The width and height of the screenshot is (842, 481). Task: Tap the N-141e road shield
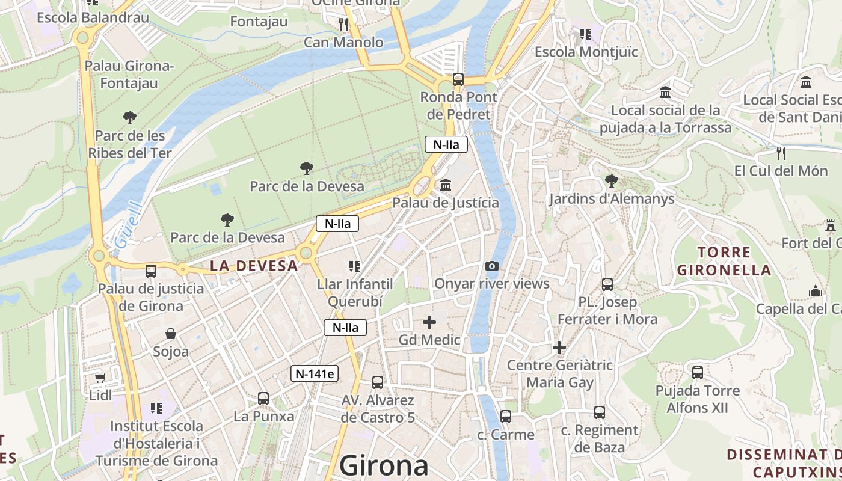click(x=315, y=373)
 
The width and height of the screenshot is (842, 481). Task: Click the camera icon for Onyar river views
click(x=491, y=266)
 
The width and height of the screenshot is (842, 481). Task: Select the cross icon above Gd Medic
click(x=429, y=322)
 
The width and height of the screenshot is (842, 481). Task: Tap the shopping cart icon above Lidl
click(x=100, y=378)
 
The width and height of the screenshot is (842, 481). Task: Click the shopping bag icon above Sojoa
click(x=171, y=333)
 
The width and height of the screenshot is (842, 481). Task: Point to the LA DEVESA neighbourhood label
click(x=253, y=266)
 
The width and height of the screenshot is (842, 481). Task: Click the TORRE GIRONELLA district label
click(x=724, y=261)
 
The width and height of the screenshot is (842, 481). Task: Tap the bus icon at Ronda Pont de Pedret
click(x=458, y=79)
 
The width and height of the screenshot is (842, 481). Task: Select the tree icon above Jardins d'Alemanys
click(x=611, y=180)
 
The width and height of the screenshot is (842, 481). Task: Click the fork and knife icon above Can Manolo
click(x=343, y=24)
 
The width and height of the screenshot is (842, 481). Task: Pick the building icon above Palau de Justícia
click(x=446, y=185)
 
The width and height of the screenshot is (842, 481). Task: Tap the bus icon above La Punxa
click(x=263, y=398)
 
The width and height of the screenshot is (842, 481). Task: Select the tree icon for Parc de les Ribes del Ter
click(x=129, y=117)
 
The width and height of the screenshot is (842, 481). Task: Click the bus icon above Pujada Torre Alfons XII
click(x=698, y=373)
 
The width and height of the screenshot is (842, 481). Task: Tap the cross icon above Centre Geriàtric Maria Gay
click(x=559, y=347)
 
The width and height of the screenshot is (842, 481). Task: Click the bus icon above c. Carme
click(x=505, y=416)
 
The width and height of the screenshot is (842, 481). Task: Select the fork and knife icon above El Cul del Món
click(x=781, y=153)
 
